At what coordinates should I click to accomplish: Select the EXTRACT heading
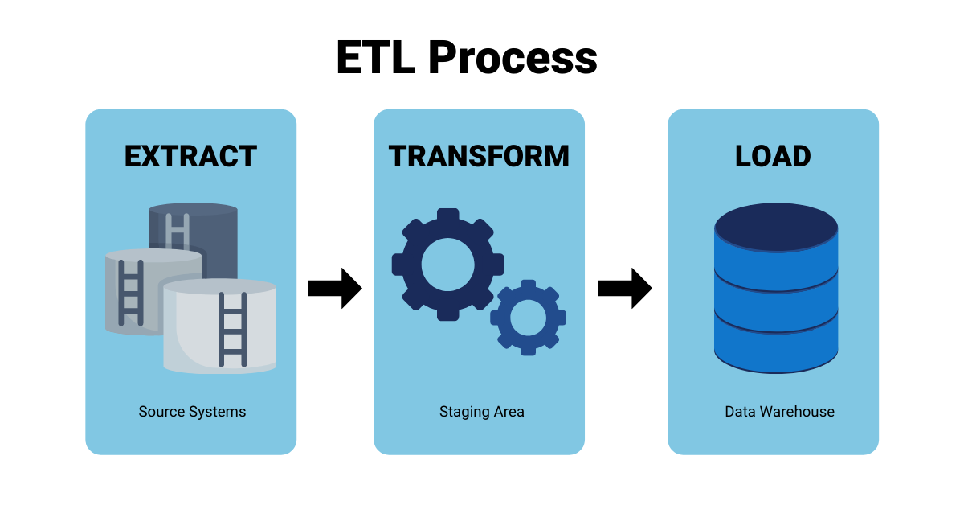coord(190,156)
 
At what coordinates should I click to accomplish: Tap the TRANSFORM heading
coord(479,156)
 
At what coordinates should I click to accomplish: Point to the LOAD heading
coord(773,156)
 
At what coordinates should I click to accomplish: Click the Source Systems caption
coord(192,412)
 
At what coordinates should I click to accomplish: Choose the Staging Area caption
coord(481,412)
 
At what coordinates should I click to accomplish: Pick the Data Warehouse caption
coord(779,412)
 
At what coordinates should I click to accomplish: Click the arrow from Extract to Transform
coord(335,288)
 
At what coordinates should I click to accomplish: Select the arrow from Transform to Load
coord(625,288)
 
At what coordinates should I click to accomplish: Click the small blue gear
coord(528,318)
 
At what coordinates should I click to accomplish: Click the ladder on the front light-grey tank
coord(233,330)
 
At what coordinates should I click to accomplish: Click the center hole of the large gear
coord(447,264)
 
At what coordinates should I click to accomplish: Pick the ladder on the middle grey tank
coord(130,291)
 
